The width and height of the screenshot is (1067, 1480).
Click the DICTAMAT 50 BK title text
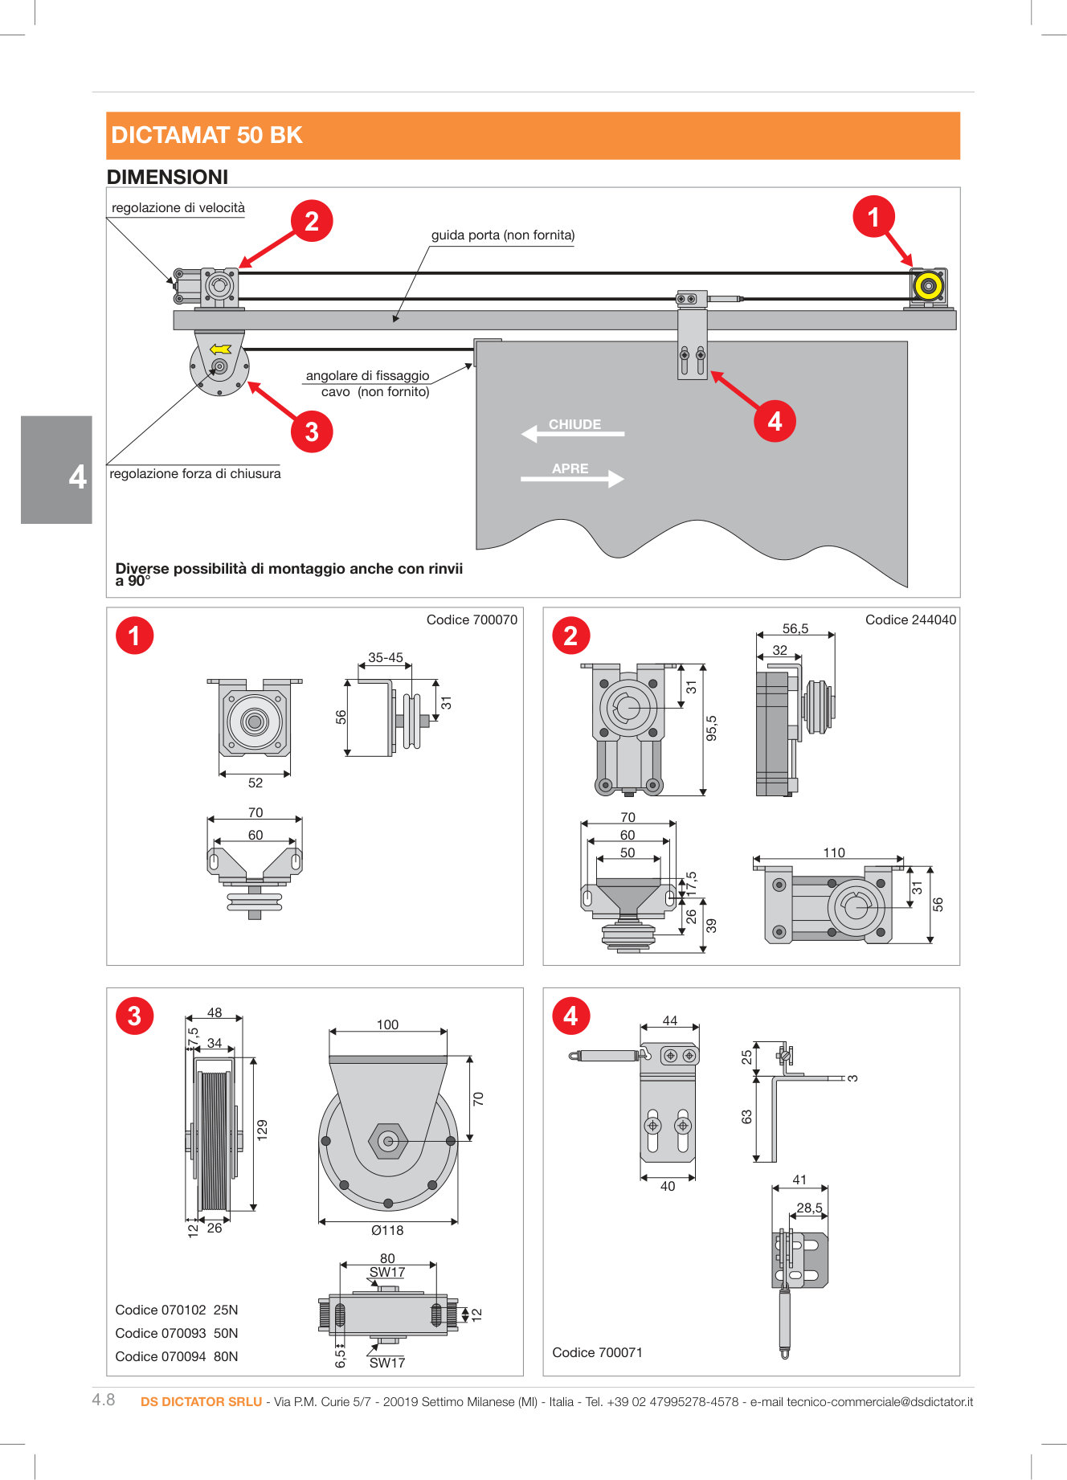pos(206,135)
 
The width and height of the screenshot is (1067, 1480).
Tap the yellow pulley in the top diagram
pos(928,287)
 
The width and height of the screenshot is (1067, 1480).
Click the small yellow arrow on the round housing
pos(220,350)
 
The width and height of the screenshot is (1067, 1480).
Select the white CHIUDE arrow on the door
pos(572,433)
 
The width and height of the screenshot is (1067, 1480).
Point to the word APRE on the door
pos(570,468)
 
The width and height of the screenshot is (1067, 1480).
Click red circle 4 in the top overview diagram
pos(775,421)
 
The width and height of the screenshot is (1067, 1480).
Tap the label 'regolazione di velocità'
pos(178,207)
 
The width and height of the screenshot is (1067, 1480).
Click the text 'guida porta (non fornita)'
pos(503,235)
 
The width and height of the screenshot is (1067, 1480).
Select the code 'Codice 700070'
pos(472,619)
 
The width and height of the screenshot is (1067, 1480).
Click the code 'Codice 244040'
pos(910,619)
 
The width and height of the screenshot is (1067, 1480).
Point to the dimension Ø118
pos(387,1230)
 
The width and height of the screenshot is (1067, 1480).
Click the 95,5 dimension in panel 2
pos(711,728)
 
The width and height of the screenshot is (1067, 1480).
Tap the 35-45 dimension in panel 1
pos(386,657)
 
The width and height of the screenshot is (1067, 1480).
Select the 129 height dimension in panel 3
pos(262,1130)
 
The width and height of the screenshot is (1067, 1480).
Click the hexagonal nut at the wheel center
pos(388,1141)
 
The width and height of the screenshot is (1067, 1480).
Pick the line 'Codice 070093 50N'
pos(177,1333)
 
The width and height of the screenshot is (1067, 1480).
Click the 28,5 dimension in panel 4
pos(809,1208)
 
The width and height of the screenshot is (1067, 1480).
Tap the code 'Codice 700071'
pos(597,1352)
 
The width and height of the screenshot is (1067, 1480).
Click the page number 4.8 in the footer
pos(104,1400)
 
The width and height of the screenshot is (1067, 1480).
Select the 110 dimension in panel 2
pos(834,852)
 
